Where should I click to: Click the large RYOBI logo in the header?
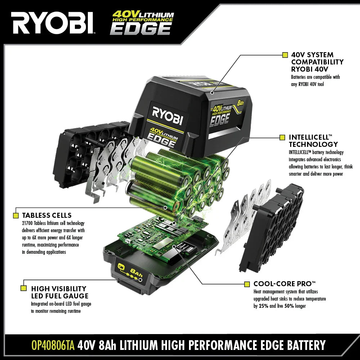click(x=53, y=23)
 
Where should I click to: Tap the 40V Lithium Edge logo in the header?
click(x=142, y=23)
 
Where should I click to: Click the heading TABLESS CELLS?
click(x=47, y=215)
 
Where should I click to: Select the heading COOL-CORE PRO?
click(x=284, y=284)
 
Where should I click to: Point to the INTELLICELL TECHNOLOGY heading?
click(x=313, y=141)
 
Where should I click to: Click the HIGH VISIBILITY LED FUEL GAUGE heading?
click(x=60, y=292)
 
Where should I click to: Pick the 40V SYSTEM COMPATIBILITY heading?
click(x=317, y=62)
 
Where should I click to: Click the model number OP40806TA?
click(x=53, y=345)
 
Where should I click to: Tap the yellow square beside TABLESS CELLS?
click(x=16, y=215)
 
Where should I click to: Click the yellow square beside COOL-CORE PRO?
click(x=247, y=284)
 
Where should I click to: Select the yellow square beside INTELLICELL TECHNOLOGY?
click(x=282, y=138)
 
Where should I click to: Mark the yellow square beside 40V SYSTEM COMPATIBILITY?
click(x=285, y=55)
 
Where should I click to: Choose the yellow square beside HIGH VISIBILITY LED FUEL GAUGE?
click(x=23, y=288)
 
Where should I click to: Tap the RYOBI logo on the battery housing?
click(x=167, y=116)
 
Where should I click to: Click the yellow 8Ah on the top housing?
click(x=240, y=103)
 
